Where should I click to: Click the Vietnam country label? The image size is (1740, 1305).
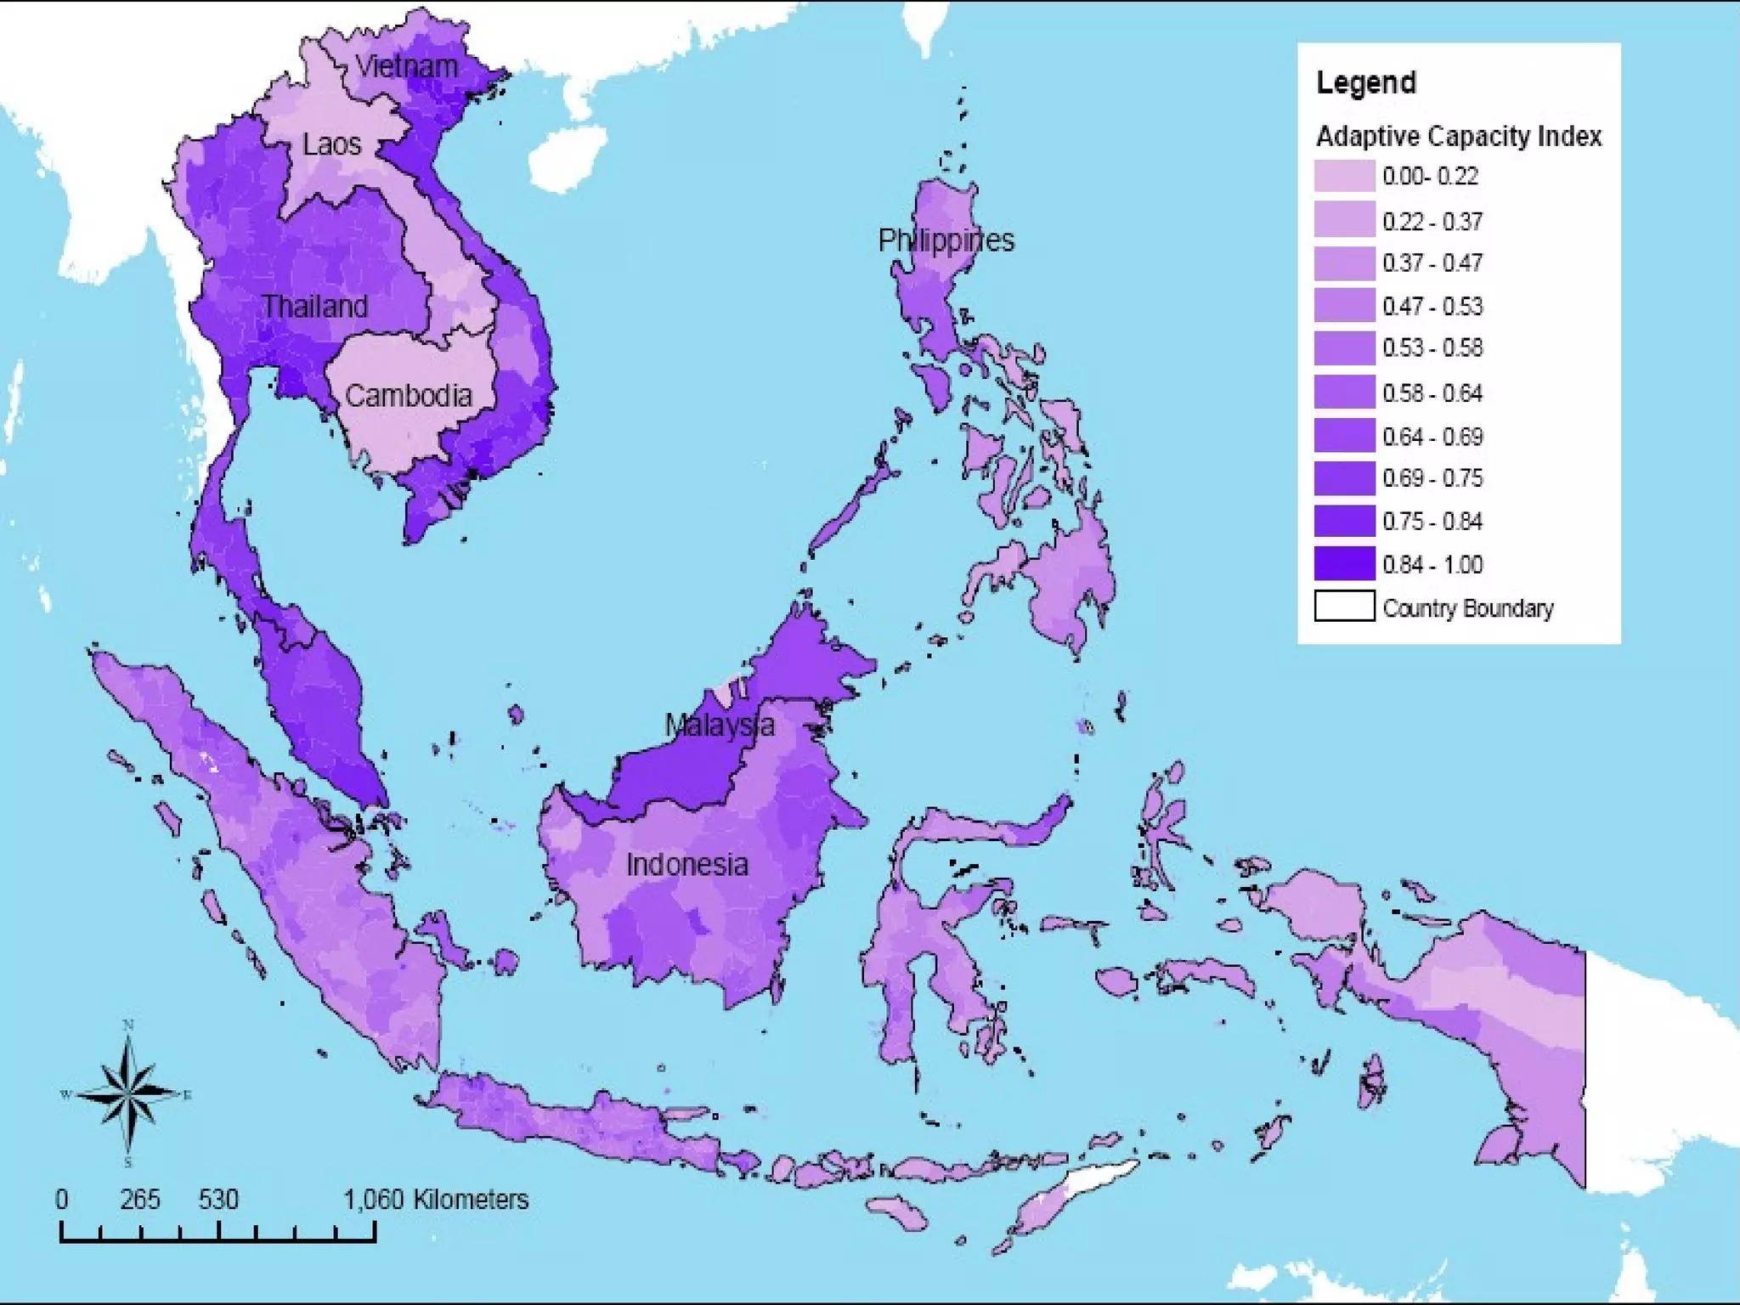[406, 66]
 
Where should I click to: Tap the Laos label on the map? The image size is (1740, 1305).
[331, 144]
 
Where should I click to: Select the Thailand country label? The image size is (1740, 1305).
[315, 306]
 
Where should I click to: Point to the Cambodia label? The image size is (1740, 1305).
[408, 395]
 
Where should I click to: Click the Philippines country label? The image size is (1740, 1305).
[946, 240]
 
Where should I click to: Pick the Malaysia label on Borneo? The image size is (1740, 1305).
[719, 725]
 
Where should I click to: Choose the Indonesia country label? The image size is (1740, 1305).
[687, 865]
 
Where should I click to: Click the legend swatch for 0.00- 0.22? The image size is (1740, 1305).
[1344, 176]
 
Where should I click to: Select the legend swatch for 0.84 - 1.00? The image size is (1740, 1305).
[1344, 564]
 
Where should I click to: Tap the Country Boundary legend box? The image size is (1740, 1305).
[1344, 607]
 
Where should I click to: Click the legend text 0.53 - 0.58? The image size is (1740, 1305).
[1432, 348]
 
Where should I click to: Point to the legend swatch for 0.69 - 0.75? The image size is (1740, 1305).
[1344, 477]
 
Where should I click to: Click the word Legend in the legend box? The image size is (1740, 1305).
[1366, 82]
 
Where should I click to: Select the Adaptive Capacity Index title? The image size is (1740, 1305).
[1459, 136]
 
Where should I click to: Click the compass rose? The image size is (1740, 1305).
[128, 1094]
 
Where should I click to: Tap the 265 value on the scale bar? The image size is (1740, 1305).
[139, 1199]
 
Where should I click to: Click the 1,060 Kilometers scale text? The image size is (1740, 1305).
[436, 1199]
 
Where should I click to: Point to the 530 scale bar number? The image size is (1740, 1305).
[218, 1199]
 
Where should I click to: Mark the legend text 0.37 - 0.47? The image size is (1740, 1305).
[1432, 263]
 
